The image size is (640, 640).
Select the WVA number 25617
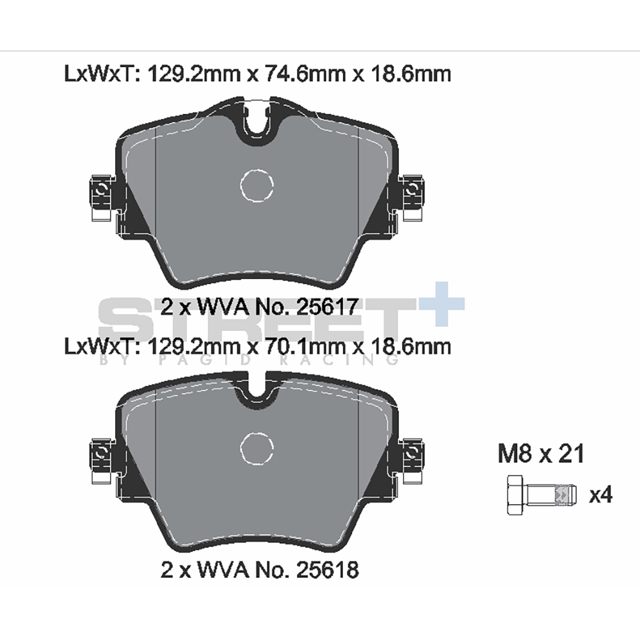tap(327, 307)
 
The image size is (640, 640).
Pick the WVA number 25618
tap(327, 570)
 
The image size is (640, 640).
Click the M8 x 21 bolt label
tap(541, 453)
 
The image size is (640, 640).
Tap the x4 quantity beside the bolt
tap(600, 495)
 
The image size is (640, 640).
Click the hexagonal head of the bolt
tap(516, 495)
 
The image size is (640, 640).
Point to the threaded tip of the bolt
tap(566, 495)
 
